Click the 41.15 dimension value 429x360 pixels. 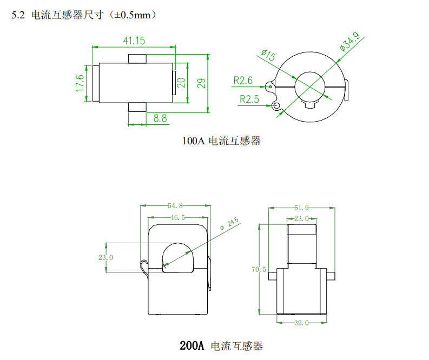(x=134, y=41)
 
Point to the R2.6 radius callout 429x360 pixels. (x=243, y=81)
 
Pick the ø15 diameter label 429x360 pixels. (x=268, y=56)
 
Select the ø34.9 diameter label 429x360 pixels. (x=349, y=42)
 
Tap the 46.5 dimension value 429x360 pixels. (x=177, y=218)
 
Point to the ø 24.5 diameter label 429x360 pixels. (x=230, y=225)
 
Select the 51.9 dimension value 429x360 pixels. (x=301, y=208)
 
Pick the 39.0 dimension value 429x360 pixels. (x=301, y=323)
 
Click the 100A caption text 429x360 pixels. (x=193, y=141)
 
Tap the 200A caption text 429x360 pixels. (x=191, y=345)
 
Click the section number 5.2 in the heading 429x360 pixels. (x=18, y=16)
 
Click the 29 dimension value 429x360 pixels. (x=201, y=83)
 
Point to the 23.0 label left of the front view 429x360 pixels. (x=105, y=257)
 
